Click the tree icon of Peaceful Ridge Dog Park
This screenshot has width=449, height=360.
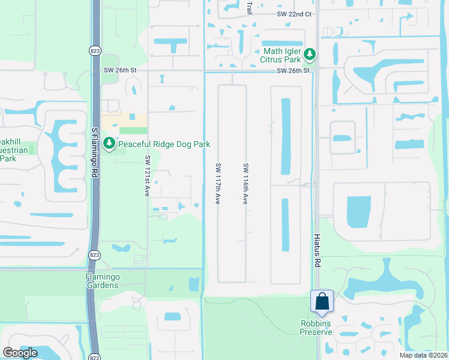click(x=109, y=144)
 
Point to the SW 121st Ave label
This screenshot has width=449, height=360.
click(x=147, y=176)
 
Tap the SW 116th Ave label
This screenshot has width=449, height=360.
click(x=246, y=183)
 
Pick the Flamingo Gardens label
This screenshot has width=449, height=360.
click(x=102, y=281)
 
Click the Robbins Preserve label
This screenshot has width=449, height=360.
click(x=316, y=328)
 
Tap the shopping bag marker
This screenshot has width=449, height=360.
click(x=322, y=301)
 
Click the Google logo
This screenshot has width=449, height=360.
click(x=20, y=353)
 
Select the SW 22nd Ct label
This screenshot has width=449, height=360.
click(x=295, y=14)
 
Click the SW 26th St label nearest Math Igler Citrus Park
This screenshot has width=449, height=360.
click(x=293, y=71)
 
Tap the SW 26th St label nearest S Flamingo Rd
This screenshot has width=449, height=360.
click(x=121, y=70)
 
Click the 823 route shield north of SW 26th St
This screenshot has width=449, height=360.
click(x=95, y=50)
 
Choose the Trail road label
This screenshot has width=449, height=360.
click(x=250, y=7)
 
